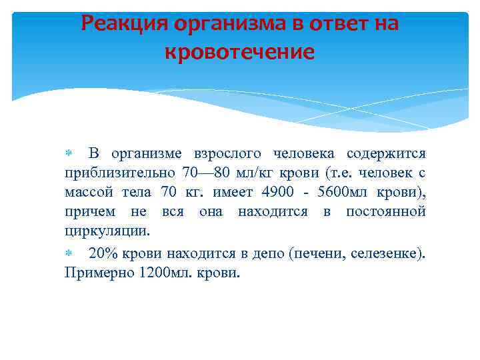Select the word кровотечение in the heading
click(x=239, y=51)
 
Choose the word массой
click(x=88, y=193)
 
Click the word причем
click(x=87, y=212)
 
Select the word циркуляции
click(x=107, y=231)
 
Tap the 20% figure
click(x=103, y=253)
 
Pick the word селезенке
click(x=387, y=253)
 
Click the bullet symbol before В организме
click(x=68, y=154)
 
